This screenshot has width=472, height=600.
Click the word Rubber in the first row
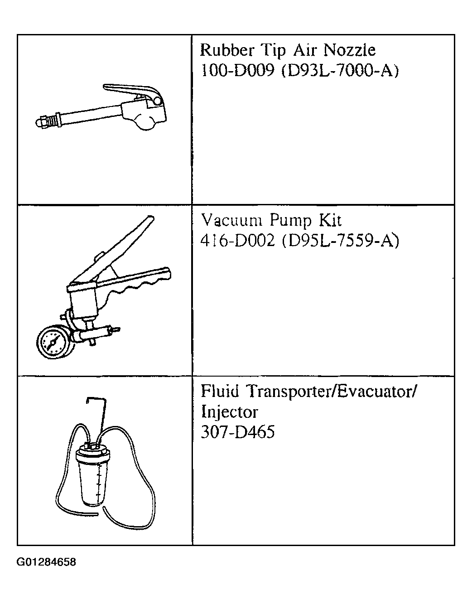point(227,50)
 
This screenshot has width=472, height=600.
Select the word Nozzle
point(349,50)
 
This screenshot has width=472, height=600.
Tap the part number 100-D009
point(237,71)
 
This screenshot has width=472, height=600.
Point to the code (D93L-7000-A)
point(340,71)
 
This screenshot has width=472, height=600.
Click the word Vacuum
point(231,220)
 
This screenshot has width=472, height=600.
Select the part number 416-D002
point(238,241)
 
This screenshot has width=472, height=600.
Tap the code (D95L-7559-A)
point(341,241)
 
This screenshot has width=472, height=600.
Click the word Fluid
point(220,391)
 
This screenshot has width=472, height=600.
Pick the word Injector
point(230,412)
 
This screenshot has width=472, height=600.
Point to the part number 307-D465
point(238,432)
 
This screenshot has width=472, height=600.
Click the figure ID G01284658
point(46,562)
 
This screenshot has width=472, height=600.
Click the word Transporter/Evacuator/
point(332,392)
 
